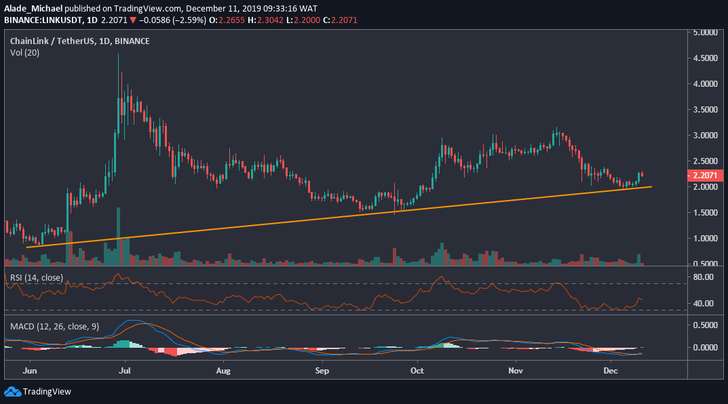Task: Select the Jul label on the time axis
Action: point(125,371)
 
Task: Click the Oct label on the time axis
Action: point(417,371)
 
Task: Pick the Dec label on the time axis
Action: point(610,371)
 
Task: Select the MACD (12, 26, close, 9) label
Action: point(55,326)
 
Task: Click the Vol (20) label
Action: point(24,52)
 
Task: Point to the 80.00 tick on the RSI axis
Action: point(703,277)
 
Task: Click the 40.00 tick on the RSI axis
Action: point(703,303)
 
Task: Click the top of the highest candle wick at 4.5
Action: point(119,55)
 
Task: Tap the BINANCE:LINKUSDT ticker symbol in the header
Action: point(42,20)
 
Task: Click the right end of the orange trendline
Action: point(651,186)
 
